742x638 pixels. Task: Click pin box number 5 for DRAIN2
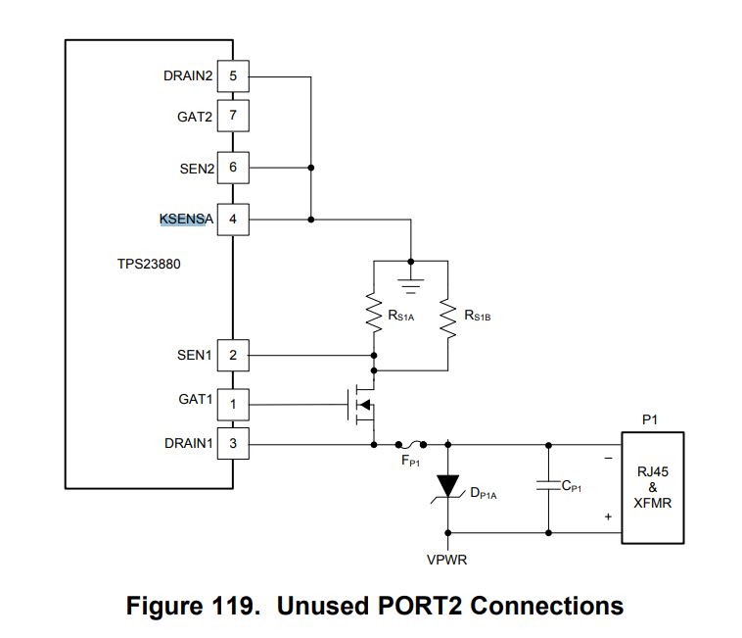[233, 74]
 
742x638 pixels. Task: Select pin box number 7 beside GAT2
[233, 116]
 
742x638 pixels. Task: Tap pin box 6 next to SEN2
[233, 168]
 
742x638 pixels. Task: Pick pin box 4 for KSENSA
[233, 219]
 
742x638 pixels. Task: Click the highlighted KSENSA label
[186, 219]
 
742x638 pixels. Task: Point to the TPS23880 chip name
[149, 264]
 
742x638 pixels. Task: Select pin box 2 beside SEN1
[233, 355]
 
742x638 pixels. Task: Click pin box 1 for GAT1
[233, 402]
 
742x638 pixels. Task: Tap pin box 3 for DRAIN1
[233, 444]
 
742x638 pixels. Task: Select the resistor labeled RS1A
[373, 314]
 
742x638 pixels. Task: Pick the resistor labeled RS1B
[447, 314]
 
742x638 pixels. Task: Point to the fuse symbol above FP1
[413, 443]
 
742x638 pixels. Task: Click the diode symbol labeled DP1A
[448, 487]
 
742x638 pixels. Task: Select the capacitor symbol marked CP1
[547, 486]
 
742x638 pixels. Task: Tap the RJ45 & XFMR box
[653, 487]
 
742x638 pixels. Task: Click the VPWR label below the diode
[448, 562]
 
